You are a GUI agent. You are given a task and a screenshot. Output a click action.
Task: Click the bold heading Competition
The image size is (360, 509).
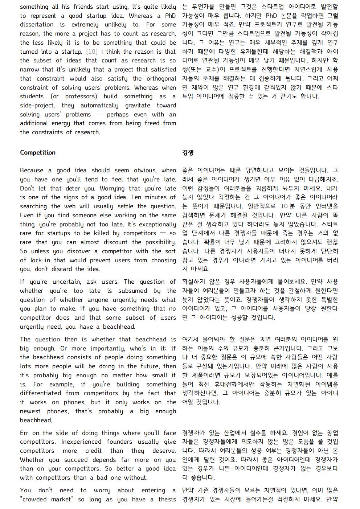pyautogui.click(x=38, y=152)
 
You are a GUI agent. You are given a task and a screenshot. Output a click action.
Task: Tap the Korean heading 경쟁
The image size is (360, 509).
pyautogui.click(x=188, y=152)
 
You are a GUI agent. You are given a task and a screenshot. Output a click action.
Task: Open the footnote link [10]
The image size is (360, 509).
pyautogui.click(x=92, y=52)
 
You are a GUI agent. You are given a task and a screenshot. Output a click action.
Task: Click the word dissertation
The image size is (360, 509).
pyautogui.click(x=37, y=25)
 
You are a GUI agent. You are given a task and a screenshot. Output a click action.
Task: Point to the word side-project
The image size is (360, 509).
pyautogui.click(x=37, y=105)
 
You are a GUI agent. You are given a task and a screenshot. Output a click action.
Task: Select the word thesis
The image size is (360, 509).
pyautogui.click(x=167, y=499)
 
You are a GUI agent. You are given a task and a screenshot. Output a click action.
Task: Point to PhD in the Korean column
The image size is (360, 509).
pyautogui.click(x=271, y=16)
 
